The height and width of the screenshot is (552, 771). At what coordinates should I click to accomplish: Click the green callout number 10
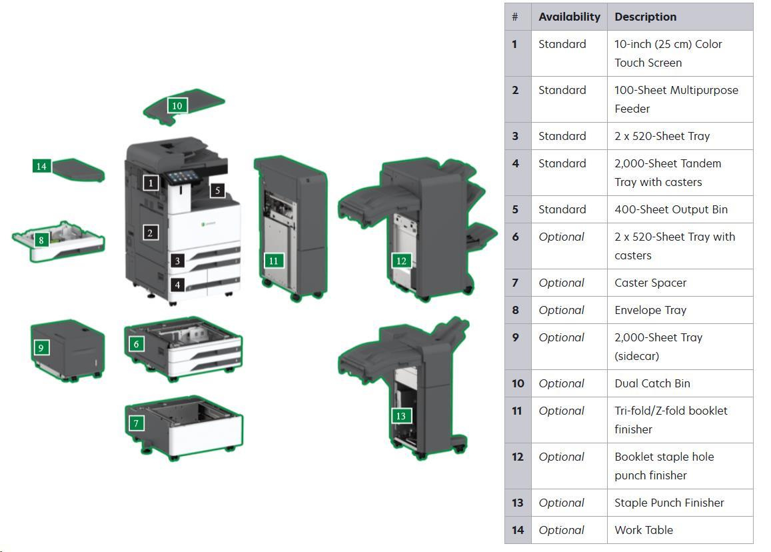pos(177,105)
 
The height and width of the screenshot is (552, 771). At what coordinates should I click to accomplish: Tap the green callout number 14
pos(41,166)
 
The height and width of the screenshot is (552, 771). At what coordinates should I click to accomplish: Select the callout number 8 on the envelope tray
pos(41,240)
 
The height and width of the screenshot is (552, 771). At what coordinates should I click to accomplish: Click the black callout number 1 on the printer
pos(151,182)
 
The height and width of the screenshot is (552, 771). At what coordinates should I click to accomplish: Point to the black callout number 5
pos(217,190)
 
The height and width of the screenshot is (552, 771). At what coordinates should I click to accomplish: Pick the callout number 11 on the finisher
pos(273,261)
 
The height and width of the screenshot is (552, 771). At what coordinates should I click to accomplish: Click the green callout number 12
pos(400,261)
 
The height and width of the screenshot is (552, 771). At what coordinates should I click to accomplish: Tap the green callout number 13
pos(400,416)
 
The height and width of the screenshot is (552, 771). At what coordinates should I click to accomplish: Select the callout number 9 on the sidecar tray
pos(41,347)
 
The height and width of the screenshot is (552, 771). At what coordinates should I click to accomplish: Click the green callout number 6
pos(137,344)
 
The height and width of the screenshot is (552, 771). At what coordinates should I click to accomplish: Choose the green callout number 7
pos(136,423)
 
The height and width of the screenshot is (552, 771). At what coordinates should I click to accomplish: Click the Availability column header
pos(569,17)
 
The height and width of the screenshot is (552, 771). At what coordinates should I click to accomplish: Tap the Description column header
pos(645,17)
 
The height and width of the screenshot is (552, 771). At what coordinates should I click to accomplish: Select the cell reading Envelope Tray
pos(650,310)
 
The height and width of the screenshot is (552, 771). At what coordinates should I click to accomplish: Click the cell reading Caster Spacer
pos(650,283)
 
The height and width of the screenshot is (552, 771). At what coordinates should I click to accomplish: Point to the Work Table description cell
pos(643,530)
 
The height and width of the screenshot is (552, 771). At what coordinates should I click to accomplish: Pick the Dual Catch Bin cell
pos(652,383)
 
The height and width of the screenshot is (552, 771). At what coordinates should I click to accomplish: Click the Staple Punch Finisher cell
pos(668,503)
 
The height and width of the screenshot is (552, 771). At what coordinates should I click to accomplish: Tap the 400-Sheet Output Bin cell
pos(670,209)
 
